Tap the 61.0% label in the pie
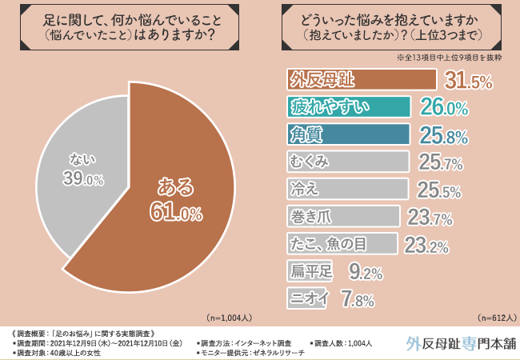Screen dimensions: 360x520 (174, 212)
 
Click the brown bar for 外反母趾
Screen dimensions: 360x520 (361, 80)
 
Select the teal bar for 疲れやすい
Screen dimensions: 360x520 (348, 107)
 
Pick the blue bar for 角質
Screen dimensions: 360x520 (348, 134)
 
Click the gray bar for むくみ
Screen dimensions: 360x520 (347, 162)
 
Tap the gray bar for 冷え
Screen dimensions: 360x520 (347, 189)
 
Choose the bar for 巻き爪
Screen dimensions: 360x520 (342, 216)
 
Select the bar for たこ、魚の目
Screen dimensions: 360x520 (341, 243)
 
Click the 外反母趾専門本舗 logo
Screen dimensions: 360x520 (460, 342)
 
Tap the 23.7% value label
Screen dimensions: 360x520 (431, 217)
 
